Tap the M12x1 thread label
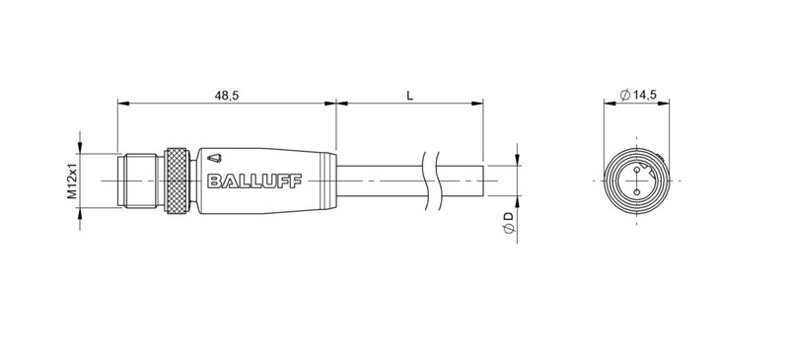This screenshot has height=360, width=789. pos(72,181)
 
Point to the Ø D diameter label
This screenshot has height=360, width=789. pos(508,222)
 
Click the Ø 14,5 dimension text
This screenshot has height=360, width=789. pos(638,95)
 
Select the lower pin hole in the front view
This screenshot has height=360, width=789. pos(638,192)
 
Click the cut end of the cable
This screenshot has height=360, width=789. pos(483,181)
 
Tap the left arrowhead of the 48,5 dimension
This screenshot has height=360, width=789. pos(121,102)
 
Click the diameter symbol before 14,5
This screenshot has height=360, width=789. pos(625,95)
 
